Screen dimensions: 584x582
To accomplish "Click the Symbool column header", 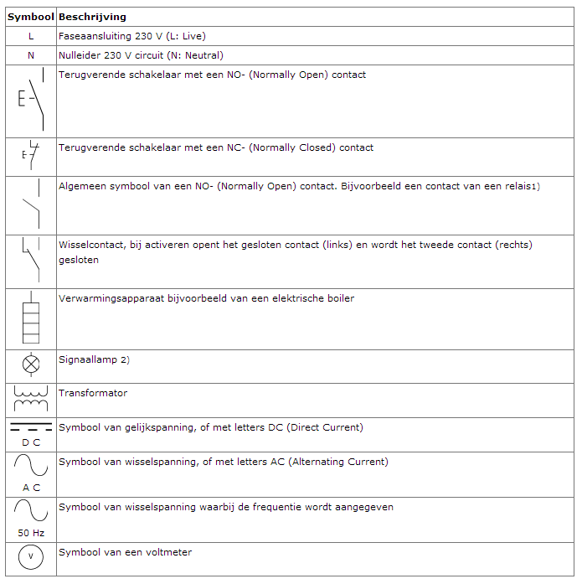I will tap(31, 17).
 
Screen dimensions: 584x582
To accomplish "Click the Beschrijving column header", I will tap(92, 17).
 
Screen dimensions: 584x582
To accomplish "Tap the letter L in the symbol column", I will tap(31, 36).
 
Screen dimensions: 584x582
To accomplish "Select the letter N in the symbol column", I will tap(31, 55).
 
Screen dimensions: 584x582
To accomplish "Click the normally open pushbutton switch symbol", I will tap(31, 100).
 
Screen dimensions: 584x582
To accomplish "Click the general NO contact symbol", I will tap(31, 204).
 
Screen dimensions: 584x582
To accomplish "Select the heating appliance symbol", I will tap(31, 318).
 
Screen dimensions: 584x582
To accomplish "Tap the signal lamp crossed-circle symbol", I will tap(31, 364).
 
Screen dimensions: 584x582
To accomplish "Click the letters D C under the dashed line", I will tap(31, 442).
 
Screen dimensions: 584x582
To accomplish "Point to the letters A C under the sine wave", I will tap(31, 487).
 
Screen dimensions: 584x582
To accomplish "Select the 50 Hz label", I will tap(31, 533).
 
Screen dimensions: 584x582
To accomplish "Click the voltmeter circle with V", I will tap(31, 557).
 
